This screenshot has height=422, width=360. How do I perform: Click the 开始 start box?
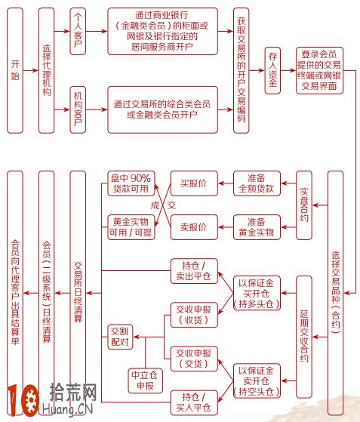pyautogui.click(x=15, y=70)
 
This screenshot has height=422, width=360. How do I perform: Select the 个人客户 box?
pyautogui.click(x=78, y=31)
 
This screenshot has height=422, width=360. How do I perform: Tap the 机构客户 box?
pyautogui.click(x=78, y=109)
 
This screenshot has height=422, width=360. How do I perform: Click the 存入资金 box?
pyautogui.click(x=272, y=70)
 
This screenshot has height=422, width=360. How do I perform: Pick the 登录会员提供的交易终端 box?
pyautogui.click(x=320, y=70)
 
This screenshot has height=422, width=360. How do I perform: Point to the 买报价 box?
pyautogui.click(x=194, y=183)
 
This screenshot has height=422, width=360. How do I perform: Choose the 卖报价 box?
pyautogui.click(x=194, y=227)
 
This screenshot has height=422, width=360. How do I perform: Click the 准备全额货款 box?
pyautogui.click(x=257, y=183)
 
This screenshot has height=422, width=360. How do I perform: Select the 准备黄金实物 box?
pyautogui.click(x=257, y=227)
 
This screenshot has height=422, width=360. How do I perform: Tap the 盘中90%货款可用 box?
pyautogui.click(x=131, y=183)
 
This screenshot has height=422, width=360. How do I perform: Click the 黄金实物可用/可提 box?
pyautogui.click(x=131, y=227)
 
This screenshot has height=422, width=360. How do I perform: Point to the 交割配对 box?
pyautogui.click(x=120, y=337)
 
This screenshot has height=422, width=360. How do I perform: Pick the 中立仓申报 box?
pyautogui.click(x=146, y=380)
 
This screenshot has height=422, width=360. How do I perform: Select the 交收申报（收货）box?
pyautogui.click(x=194, y=315)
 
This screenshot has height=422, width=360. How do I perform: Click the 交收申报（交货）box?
pyautogui.click(x=194, y=359)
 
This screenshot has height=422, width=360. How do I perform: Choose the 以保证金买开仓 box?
pyautogui.click(x=257, y=293)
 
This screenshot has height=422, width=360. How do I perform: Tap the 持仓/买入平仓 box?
pyautogui.click(x=194, y=402)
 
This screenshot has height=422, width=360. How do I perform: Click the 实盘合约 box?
pyautogui.click(x=304, y=205)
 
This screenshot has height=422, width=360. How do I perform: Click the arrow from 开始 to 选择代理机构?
pyautogui.click(x=31, y=70)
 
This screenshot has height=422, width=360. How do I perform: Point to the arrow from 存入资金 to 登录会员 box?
pyautogui.click(x=288, y=70)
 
